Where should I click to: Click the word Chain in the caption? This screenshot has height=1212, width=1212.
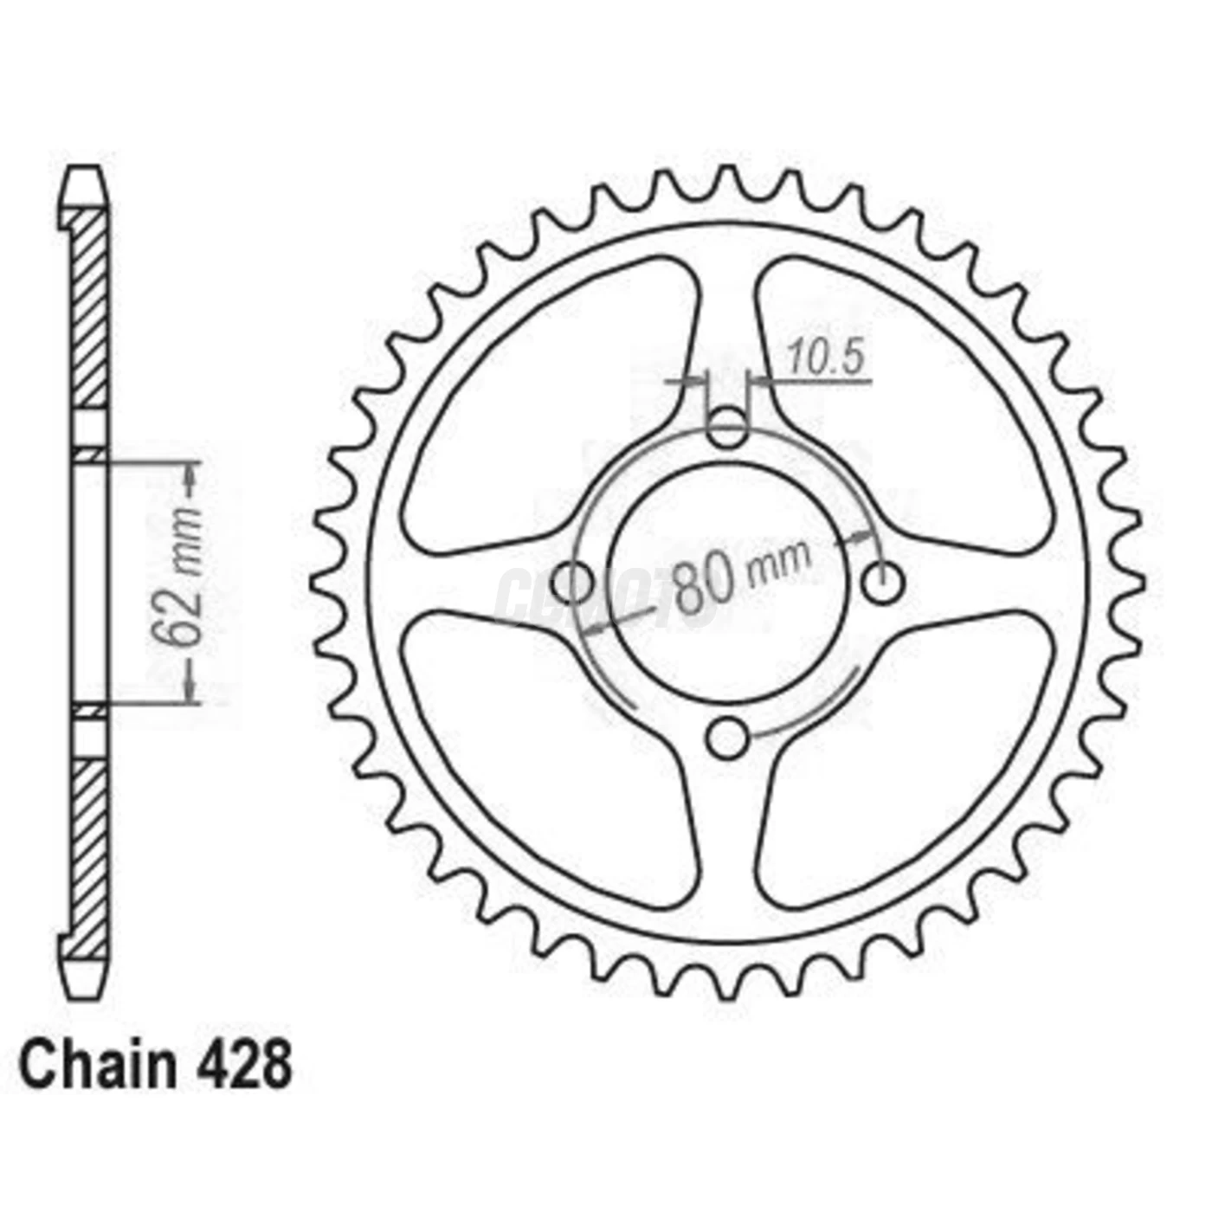(x=96, y=1067)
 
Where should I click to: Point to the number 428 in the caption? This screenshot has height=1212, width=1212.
(x=247, y=1067)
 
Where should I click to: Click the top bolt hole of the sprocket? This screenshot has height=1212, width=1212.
(x=727, y=428)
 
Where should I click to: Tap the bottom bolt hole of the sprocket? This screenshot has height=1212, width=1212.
(x=727, y=738)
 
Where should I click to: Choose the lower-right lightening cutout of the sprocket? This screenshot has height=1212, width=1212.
(x=900, y=762)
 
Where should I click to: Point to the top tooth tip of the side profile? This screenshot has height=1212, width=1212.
(x=87, y=177)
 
